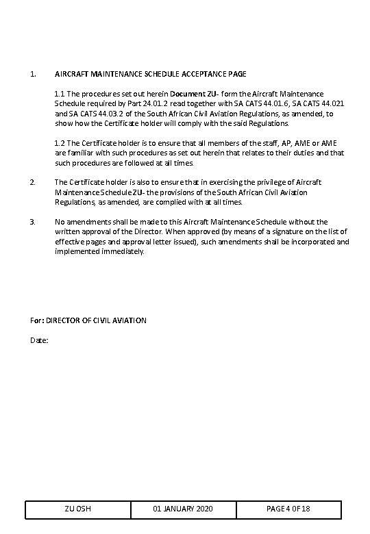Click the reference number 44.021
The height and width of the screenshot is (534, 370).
[x=330, y=103]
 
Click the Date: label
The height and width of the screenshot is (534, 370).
[x=40, y=340]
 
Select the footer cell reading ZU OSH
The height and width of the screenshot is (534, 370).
[x=78, y=510]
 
